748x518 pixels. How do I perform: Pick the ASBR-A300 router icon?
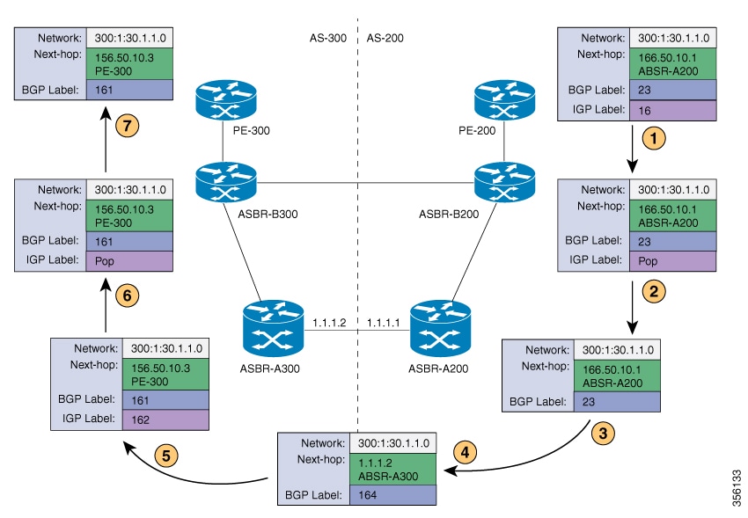coord(274,324)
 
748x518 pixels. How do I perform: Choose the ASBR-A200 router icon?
coord(437,324)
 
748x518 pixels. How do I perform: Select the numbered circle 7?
coord(129,126)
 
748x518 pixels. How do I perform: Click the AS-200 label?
coord(385,38)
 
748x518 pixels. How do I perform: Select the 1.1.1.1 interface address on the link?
coord(383,323)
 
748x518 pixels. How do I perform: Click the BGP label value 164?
coord(392,495)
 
